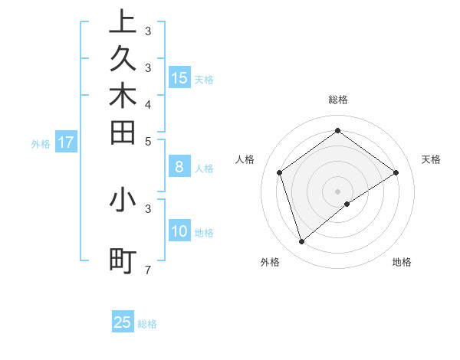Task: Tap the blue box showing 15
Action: tap(179, 77)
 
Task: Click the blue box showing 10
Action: tap(179, 231)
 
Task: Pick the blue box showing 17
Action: tap(66, 142)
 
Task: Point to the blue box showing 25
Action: tap(123, 322)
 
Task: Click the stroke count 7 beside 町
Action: tap(148, 270)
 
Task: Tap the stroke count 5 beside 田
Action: tap(148, 141)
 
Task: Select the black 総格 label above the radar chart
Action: tap(338, 100)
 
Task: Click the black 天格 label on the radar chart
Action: tap(431, 159)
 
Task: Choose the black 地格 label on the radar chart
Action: tap(402, 263)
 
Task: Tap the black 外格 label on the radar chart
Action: tap(270, 263)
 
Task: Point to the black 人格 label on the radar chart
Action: tap(245, 159)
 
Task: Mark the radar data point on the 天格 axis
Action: tap(396, 173)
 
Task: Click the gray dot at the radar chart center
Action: tap(338, 191)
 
